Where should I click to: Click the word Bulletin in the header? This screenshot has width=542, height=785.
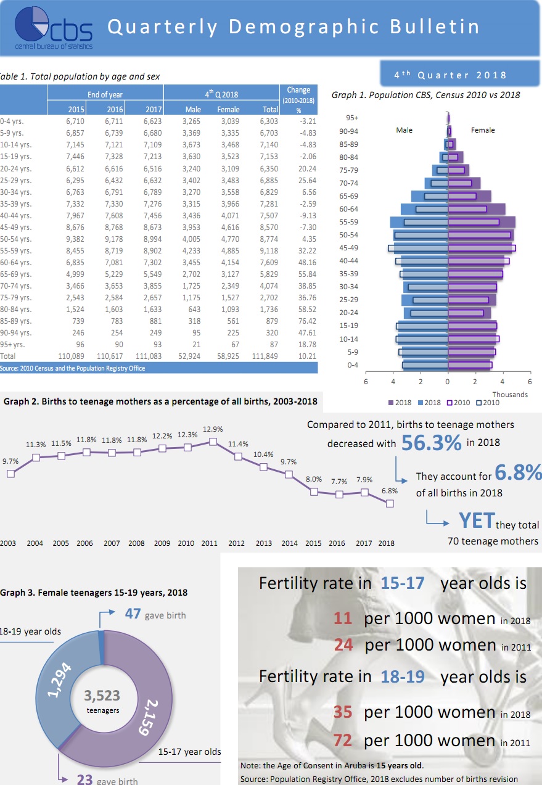point(435,27)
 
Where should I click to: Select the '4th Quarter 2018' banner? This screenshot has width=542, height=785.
point(450,75)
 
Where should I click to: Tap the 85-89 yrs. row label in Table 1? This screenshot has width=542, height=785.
point(14,321)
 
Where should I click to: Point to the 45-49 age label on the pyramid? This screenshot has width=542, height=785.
point(348,248)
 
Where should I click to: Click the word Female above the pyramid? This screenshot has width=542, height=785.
point(482,130)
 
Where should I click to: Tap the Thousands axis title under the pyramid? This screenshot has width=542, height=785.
point(510,395)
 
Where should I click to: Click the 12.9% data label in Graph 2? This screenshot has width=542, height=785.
point(213,429)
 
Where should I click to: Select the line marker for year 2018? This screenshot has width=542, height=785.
point(389,503)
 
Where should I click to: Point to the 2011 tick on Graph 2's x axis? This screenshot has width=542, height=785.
point(209,543)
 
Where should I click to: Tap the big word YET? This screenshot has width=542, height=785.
point(476,521)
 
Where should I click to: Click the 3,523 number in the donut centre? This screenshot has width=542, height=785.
point(102,696)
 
